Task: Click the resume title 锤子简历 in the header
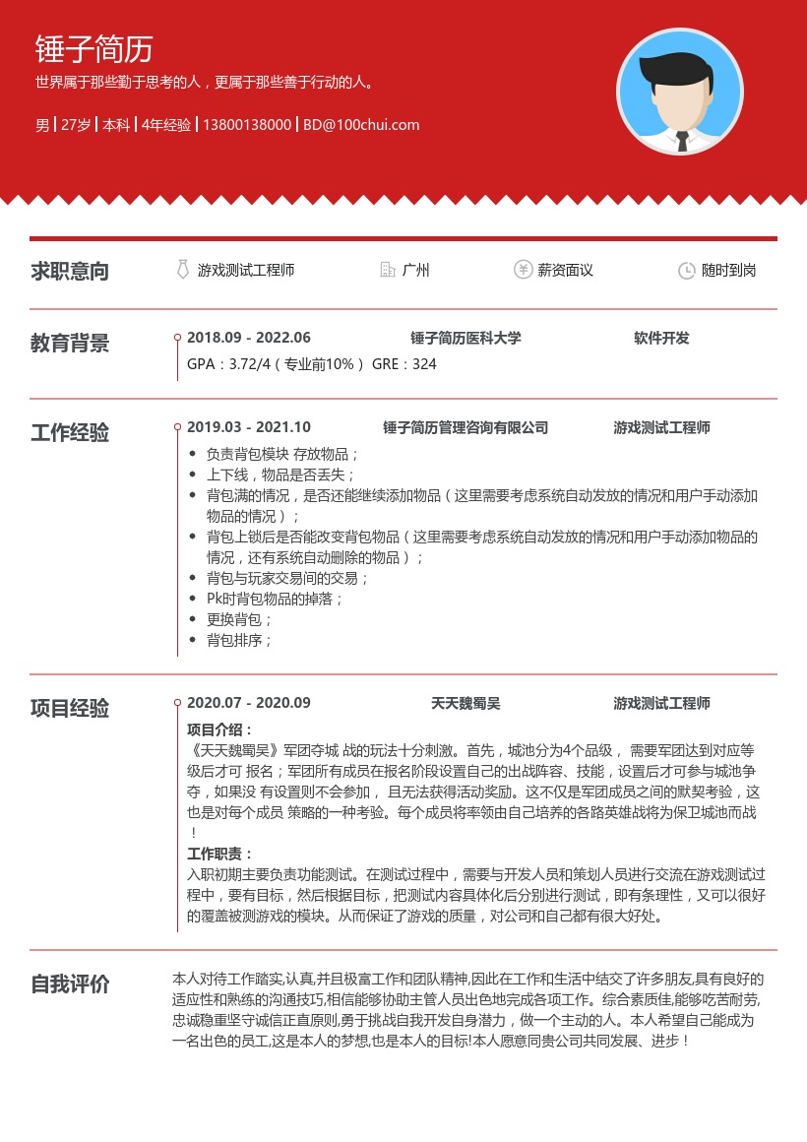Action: (x=94, y=49)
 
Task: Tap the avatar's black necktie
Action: (x=681, y=141)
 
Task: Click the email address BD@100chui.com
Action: (x=361, y=125)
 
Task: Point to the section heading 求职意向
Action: (x=70, y=272)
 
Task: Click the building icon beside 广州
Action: (x=388, y=270)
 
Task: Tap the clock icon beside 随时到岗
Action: (x=687, y=271)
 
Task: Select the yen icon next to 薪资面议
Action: (x=523, y=270)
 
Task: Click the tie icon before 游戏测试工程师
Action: (x=182, y=270)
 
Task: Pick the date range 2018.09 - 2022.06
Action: (x=249, y=338)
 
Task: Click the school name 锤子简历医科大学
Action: (x=466, y=338)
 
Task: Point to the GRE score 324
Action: (x=424, y=364)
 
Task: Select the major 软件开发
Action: (x=661, y=338)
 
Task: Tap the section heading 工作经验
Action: (x=70, y=433)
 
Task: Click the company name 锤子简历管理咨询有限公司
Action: (x=466, y=427)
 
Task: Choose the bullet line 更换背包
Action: (x=239, y=619)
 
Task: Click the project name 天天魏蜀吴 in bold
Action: (x=466, y=703)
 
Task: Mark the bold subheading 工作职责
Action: (x=219, y=854)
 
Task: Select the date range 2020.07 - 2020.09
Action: (x=249, y=703)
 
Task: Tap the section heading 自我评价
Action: (x=70, y=984)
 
